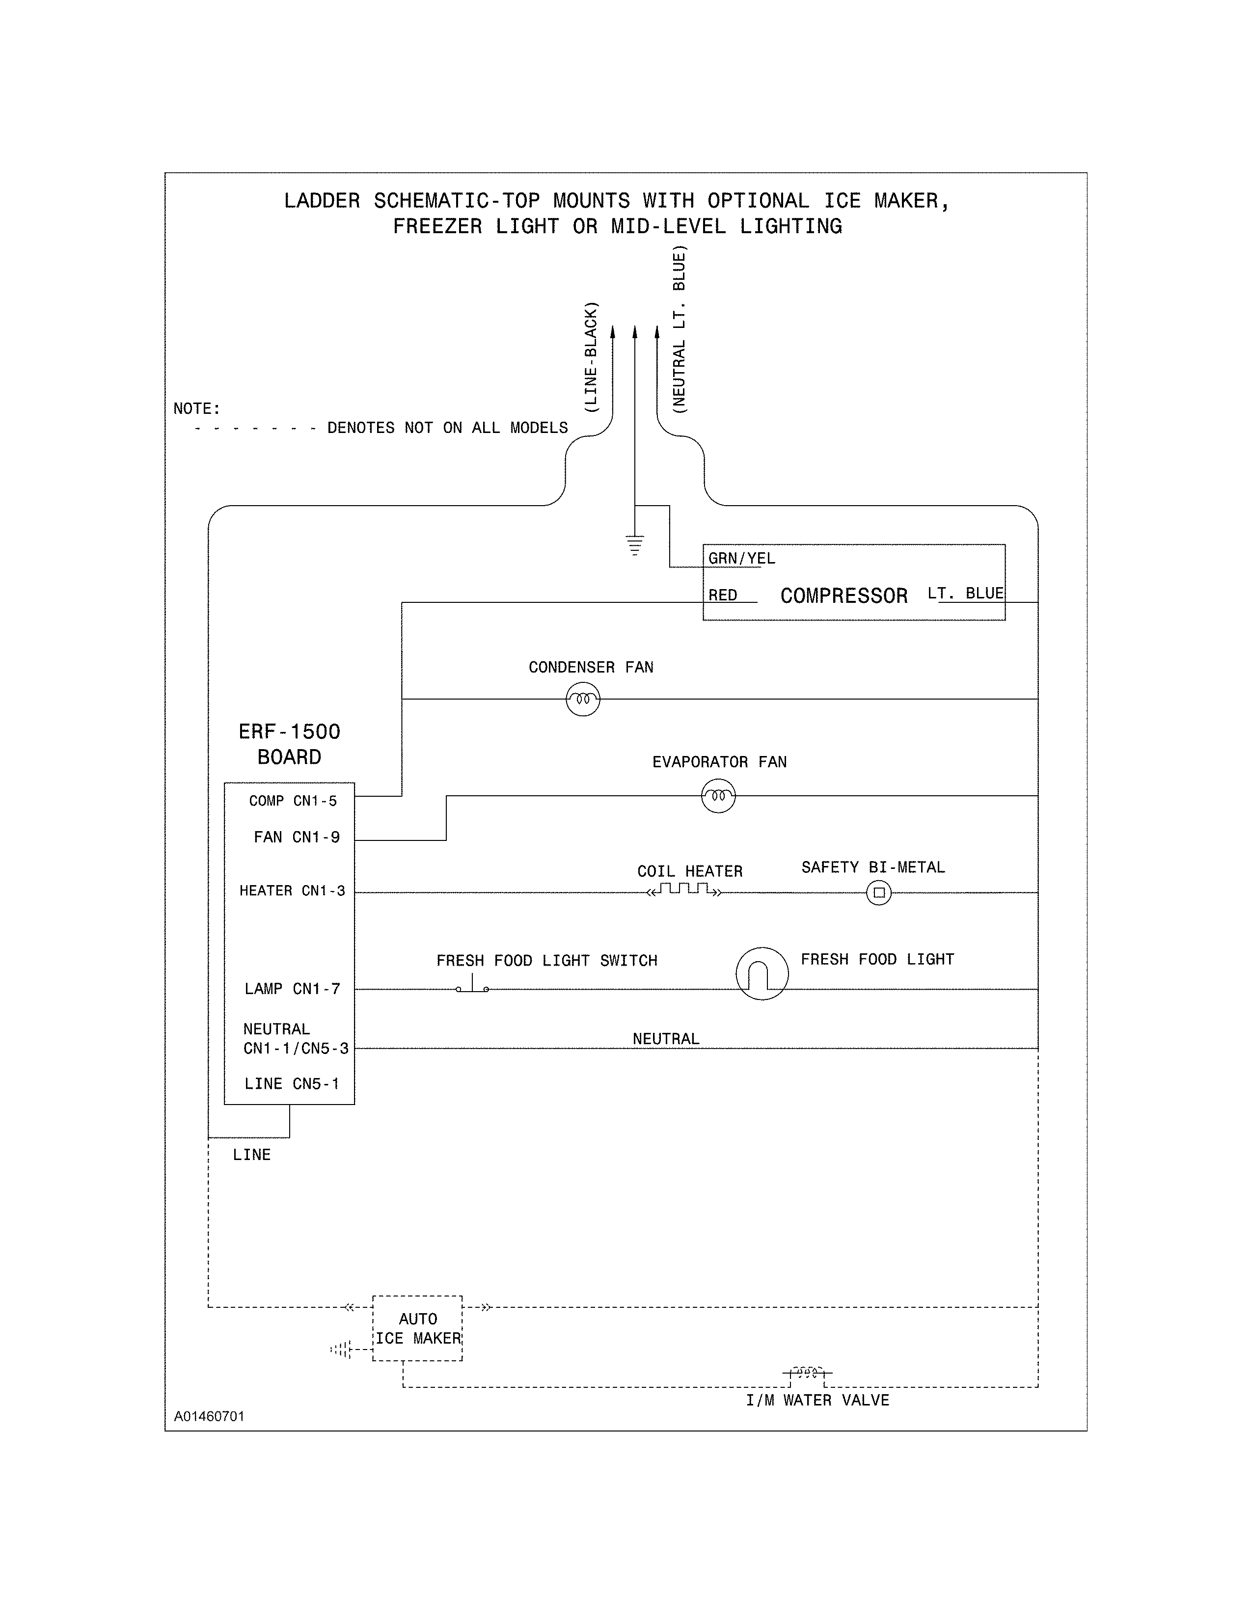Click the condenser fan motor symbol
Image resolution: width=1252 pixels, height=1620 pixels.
tap(582, 699)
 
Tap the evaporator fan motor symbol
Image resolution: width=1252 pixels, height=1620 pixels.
tap(718, 796)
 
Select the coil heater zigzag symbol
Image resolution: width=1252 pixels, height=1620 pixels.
tap(683, 890)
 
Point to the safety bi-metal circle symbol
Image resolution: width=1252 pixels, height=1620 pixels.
tap(879, 892)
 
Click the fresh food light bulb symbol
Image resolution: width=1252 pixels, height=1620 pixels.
tap(762, 974)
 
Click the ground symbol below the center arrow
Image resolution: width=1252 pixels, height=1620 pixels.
tap(634, 545)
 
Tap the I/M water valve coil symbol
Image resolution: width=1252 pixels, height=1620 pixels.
tap(807, 1372)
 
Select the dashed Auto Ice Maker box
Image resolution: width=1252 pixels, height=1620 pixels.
tap(417, 1328)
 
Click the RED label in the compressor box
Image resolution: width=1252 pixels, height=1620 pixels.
tap(722, 595)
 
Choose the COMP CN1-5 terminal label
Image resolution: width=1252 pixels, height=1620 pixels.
tap(293, 801)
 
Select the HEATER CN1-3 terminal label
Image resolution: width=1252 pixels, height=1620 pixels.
tap(292, 891)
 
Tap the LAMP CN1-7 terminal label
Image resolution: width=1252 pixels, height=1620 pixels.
tap(292, 989)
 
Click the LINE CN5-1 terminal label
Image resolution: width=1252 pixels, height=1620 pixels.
tap(292, 1084)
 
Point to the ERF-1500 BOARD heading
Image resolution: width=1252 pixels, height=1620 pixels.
tap(289, 744)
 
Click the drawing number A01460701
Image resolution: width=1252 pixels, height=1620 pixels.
tap(209, 1416)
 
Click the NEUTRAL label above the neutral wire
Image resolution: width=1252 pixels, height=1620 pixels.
tap(665, 1038)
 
